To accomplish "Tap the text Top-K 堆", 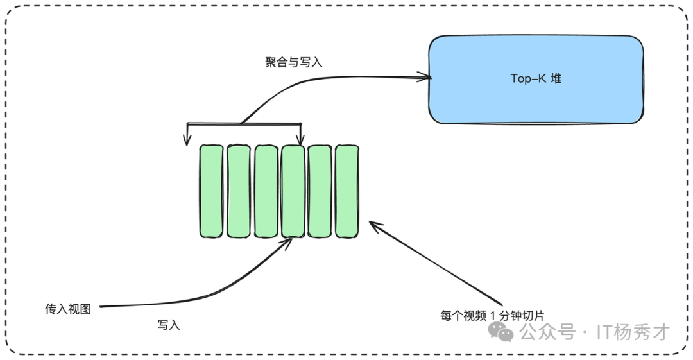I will coord(536,79).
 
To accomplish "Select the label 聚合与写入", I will coord(293,62).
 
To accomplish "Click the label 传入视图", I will coord(68,309).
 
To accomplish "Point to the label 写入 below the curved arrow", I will coord(169,325).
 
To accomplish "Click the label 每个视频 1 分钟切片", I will coord(492,315).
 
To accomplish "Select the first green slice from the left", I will coord(210,191).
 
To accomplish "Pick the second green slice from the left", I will coord(238,191).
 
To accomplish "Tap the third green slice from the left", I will coord(266,191).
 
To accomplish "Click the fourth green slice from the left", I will coord(293,191).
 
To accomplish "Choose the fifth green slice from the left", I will coord(320,191).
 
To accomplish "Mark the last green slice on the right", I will coord(347,191).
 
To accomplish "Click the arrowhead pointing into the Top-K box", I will coord(425,78).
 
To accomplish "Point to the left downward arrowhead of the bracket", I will coord(187,140).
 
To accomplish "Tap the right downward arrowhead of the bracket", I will coord(300,139).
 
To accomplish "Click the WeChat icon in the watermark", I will coord(501,332).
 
